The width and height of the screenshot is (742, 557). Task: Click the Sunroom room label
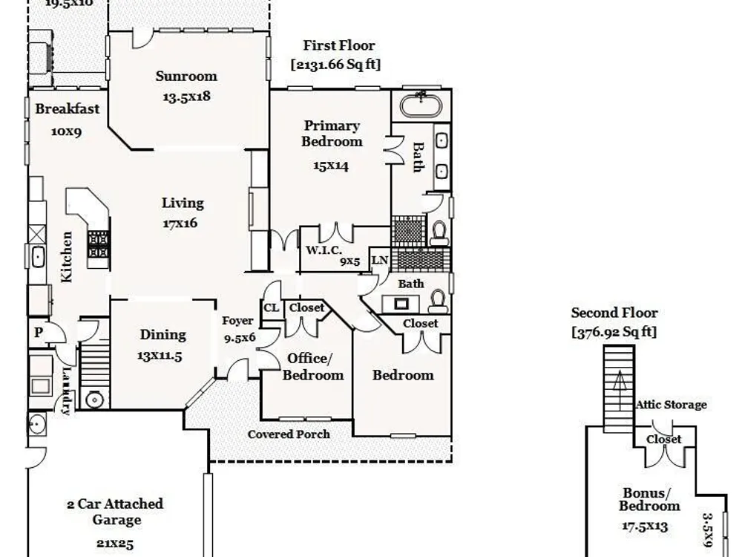[186, 76]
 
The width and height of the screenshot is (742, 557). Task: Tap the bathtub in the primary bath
[421, 103]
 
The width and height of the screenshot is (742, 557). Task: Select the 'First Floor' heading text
[339, 46]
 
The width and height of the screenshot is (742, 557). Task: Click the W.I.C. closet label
[324, 250]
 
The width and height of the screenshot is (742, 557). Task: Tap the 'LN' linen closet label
[379, 260]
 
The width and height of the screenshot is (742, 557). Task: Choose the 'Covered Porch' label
[289, 434]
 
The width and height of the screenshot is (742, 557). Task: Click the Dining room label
[162, 335]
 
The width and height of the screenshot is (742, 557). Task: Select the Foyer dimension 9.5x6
[240, 336]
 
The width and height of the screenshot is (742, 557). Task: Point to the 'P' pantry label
[39, 333]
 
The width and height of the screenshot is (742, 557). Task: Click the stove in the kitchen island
[99, 244]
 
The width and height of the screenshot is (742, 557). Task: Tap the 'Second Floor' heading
[614, 313]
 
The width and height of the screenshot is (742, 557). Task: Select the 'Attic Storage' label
[671, 405]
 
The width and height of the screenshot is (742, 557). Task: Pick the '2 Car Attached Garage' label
[115, 512]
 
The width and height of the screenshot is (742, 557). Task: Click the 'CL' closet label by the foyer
[271, 307]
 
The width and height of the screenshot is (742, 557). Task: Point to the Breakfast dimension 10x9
[66, 131]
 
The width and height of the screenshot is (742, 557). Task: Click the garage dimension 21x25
[115, 543]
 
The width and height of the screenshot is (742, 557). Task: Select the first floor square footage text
[335, 65]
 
